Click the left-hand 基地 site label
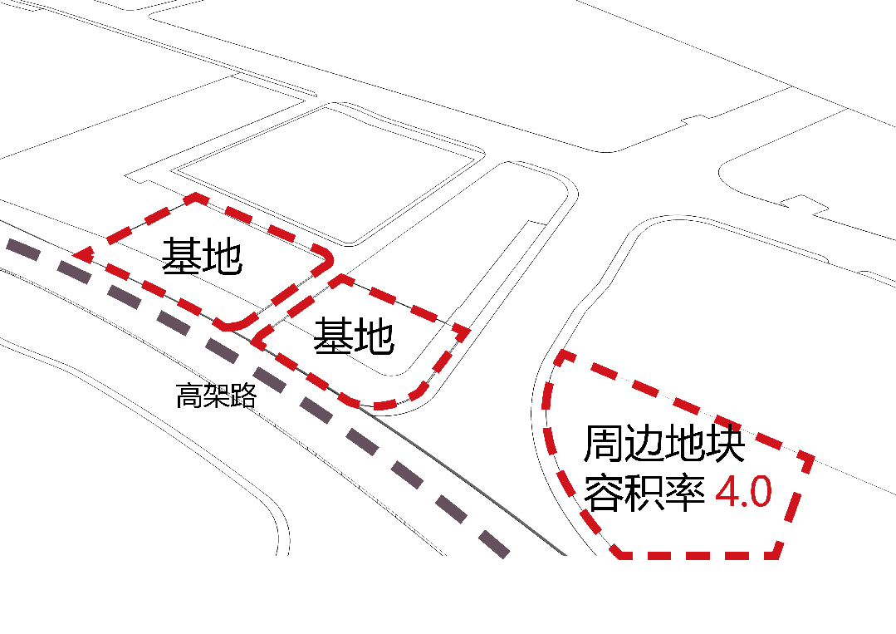coord(202,258)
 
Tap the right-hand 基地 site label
coord(353,337)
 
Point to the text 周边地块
coord(663,445)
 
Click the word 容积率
coord(644,493)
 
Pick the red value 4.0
coord(744,493)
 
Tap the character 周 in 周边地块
coord(603,445)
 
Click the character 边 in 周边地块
coord(644,445)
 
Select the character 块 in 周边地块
coord(725,445)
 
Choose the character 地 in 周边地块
coord(684,445)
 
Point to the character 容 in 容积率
coord(604,493)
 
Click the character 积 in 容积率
coord(644,493)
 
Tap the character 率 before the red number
coord(684,493)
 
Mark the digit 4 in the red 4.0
coord(728,493)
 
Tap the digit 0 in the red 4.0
coord(761,493)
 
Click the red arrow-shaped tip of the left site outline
coord(81,253)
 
